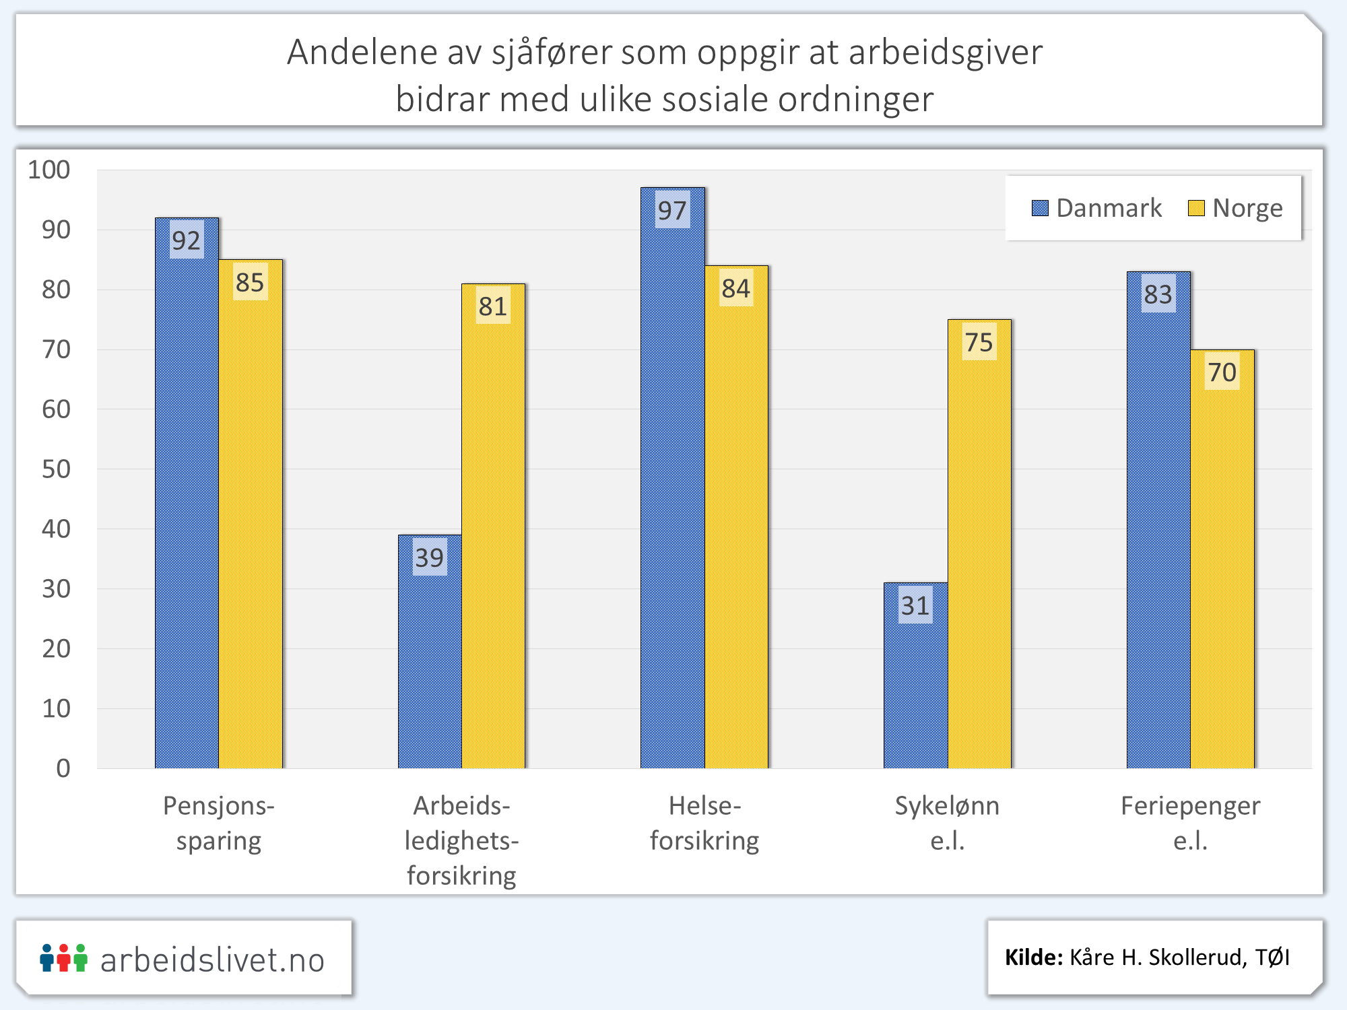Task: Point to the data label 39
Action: click(429, 558)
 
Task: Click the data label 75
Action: click(979, 343)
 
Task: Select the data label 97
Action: click(672, 211)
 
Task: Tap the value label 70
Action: click(1222, 372)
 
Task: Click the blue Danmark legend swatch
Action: click(1040, 208)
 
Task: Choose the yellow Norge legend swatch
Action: click(1196, 208)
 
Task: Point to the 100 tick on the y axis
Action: click(49, 170)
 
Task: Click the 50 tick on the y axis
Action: click(56, 469)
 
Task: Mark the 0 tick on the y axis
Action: click(63, 768)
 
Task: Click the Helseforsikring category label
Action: click(704, 823)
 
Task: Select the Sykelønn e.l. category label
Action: click(947, 823)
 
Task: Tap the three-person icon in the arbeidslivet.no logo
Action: click(63, 957)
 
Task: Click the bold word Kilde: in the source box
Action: click(1034, 957)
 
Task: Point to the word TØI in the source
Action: click(1272, 957)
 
